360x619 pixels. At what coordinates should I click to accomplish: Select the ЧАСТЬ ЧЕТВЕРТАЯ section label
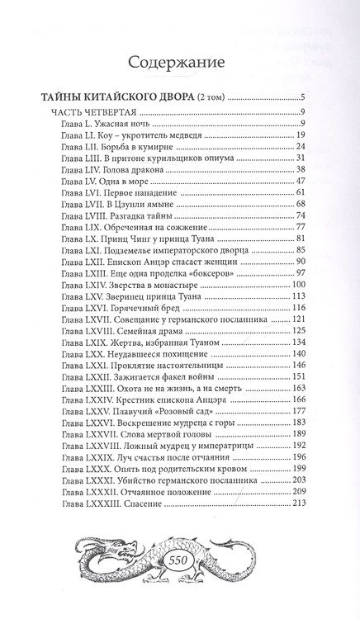click(x=90, y=111)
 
